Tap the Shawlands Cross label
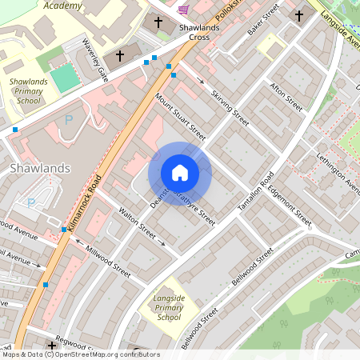tap(194, 31)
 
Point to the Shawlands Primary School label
tap(28, 91)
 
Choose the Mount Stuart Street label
tap(180, 117)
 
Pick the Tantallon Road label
tap(254, 192)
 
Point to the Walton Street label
tap(136, 222)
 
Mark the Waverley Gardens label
tap(91, 60)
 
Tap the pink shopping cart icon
tap(185, 9)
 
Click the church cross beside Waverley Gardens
tap(121, 56)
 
